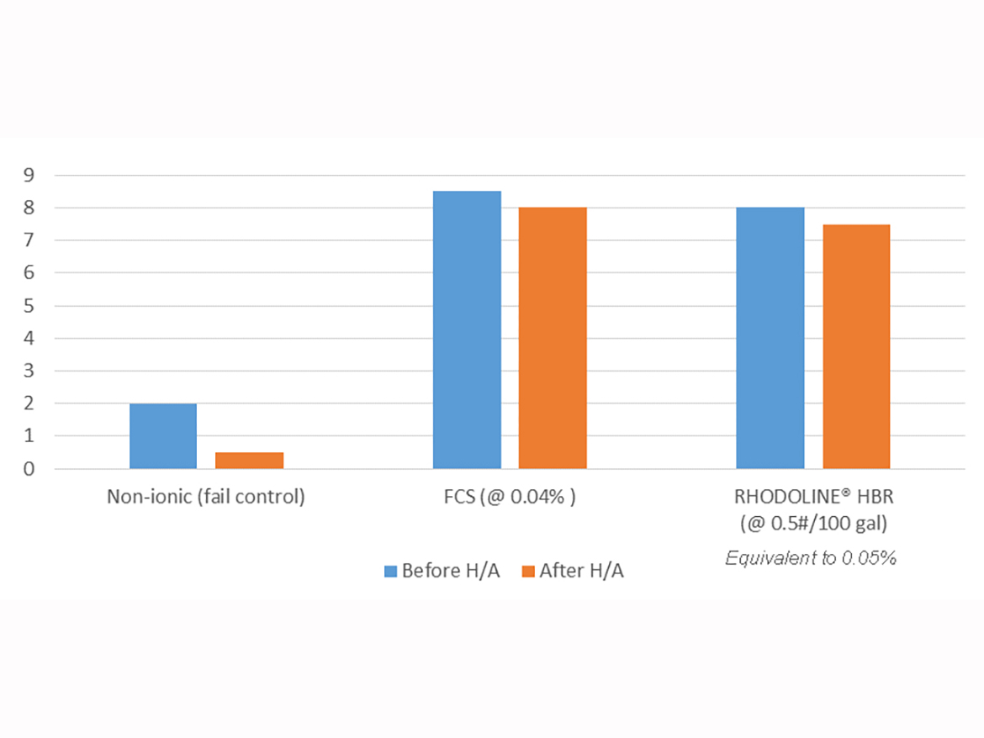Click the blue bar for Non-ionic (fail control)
tap(163, 435)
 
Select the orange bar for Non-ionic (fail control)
tap(249, 460)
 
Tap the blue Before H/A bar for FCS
tap(467, 329)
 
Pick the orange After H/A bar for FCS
tap(553, 338)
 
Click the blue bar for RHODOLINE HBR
tap(770, 338)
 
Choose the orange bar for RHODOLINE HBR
tap(856, 346)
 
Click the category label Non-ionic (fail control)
tap(205, 497)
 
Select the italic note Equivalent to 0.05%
tap(811, 557)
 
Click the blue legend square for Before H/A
tap(390, 572)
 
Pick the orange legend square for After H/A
tap(528, 572)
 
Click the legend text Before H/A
tap(451, 572)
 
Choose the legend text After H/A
tap(582, 572)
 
